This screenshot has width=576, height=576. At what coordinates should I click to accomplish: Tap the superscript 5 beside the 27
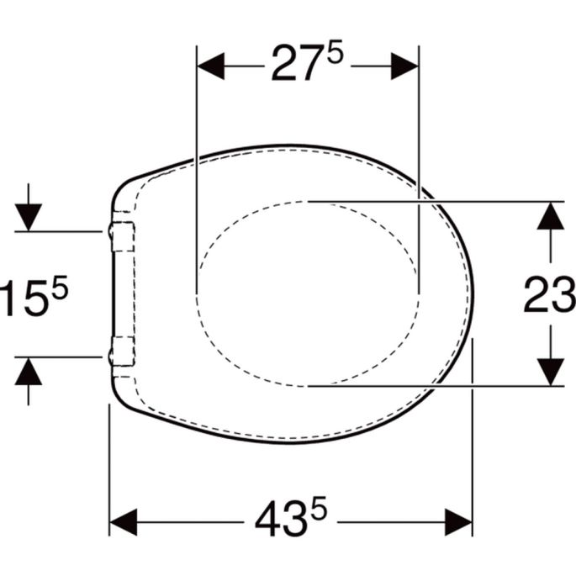tap(335, 54)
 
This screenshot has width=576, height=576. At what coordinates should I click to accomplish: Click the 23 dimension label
tap(549, 295)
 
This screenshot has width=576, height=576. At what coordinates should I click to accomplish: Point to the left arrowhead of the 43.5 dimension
tap(124, 521)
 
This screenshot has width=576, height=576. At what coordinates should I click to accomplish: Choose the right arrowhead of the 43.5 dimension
tap(458, 521)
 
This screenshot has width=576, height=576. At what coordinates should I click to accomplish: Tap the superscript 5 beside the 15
tap(58, 288)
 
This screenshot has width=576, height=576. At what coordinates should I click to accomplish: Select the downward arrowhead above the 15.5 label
tap(29, 217)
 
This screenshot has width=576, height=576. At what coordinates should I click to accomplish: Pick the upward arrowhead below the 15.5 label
tap(29, 371)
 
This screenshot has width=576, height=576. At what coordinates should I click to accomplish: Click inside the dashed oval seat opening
tap(307, 294)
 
